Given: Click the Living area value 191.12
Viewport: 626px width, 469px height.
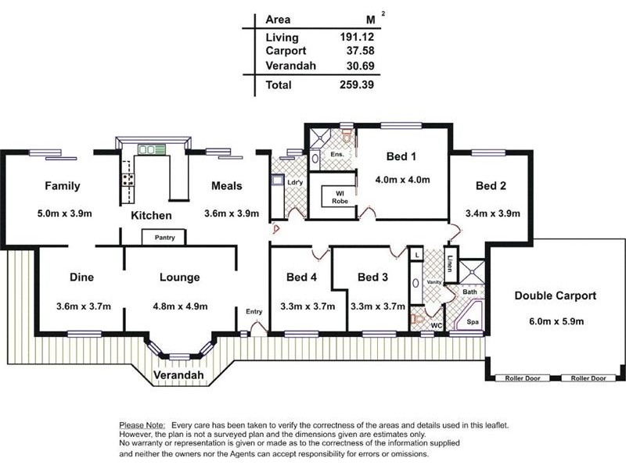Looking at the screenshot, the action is [357, 37].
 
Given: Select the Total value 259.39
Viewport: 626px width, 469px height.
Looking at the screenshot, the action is [357, 84].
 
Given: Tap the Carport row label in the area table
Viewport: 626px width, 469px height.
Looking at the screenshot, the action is [286, 51].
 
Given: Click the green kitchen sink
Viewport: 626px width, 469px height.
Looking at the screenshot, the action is [151, 149].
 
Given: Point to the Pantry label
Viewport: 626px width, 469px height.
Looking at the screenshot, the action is [165, 238].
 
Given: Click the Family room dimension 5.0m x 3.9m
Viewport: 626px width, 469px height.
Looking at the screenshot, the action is [65, 213].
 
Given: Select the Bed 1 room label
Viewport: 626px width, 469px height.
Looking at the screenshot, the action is [401, 156].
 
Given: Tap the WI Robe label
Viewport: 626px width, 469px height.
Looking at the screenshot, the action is [340, 198].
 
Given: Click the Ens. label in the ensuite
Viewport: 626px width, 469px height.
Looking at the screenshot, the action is [337, 154].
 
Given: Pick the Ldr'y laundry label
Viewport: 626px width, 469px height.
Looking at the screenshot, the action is [295, 183].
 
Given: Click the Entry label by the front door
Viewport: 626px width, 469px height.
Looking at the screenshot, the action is [254, 311].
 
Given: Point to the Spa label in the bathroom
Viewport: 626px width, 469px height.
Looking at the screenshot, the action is [473, 322].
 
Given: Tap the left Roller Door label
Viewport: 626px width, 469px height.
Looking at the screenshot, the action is [523, 378].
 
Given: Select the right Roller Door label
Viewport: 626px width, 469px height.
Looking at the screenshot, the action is [588, 378].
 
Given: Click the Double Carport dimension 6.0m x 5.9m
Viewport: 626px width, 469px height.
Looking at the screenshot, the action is [556, 321].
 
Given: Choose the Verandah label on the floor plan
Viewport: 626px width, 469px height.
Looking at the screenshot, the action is [178, 375].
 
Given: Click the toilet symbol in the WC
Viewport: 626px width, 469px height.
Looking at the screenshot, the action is [417, 319].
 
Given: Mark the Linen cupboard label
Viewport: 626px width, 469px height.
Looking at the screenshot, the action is [451, 263].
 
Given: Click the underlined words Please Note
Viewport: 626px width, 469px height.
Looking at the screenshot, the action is [142, 425].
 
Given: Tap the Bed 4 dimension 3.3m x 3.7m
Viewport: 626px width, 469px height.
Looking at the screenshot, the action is [308, 306].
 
